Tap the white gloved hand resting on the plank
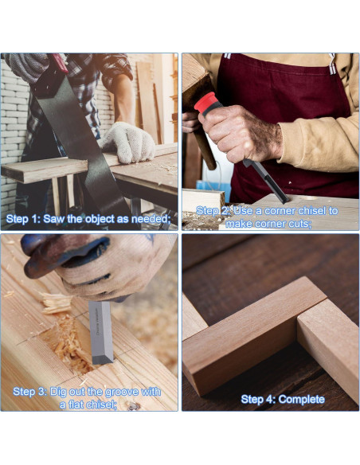click(129, 142)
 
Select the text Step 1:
click(23, 219)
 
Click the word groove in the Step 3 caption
click(119, 392)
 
